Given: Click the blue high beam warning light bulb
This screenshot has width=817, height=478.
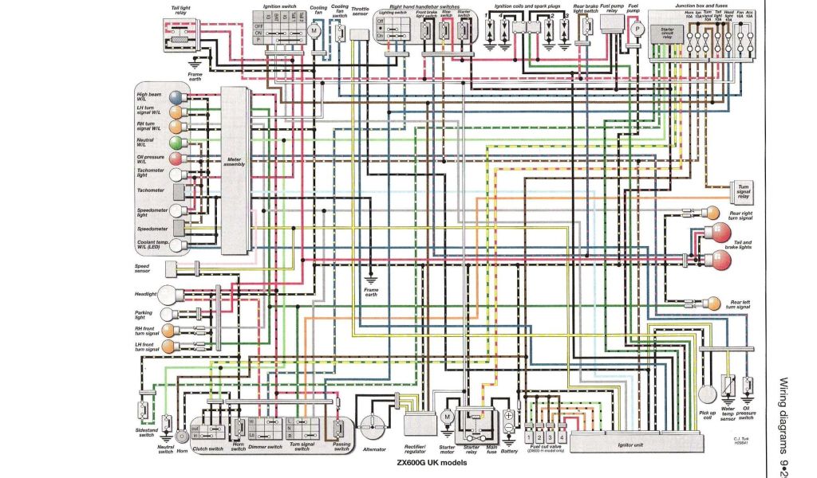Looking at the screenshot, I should pos(173,99).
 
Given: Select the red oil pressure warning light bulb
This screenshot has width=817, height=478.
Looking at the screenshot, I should pos(173,159).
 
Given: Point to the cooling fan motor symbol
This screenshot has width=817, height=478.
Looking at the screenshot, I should pos(314,29).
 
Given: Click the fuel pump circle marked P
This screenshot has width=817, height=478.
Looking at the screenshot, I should pos(637,28).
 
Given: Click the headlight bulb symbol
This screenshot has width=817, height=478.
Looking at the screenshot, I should pos(168,294).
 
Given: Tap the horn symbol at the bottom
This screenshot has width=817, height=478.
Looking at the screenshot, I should pos(181,437).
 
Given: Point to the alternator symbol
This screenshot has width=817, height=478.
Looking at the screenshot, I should pos(370,423).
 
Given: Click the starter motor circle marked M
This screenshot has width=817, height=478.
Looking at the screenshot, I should pos(447,417).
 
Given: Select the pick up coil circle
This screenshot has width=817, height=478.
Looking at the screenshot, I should pos(707,395).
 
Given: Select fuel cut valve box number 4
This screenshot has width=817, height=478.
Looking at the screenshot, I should pos(563,437).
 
